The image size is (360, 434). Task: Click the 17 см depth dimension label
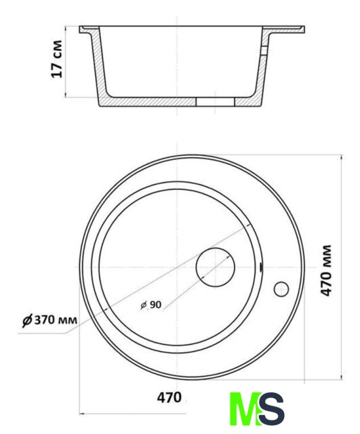[x=57, y=59]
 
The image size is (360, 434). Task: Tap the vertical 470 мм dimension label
[x=326, y=271]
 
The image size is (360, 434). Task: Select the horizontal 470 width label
[x=169, y=397]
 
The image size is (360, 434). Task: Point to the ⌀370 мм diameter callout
[x=49, y=321]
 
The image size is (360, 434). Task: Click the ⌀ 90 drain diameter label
[x=151, y=304]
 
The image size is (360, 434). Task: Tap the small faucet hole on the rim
[x=281, y=289]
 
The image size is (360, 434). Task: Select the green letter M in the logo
[x=245, y=409]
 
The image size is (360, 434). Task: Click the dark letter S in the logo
[x=272, y=409]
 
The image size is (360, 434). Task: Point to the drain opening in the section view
[x=216, y=102]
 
